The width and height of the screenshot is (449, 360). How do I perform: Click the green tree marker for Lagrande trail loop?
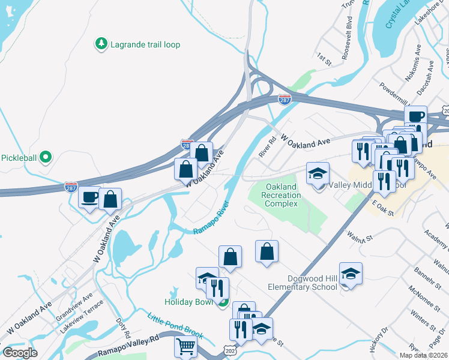(101, 44)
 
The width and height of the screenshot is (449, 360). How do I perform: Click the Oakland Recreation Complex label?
(282, 196)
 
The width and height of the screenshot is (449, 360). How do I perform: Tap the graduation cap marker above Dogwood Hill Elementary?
(351, 274)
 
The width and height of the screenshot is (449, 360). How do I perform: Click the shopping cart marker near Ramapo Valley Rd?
(186, 347)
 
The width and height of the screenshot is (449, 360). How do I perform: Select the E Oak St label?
(382, 208)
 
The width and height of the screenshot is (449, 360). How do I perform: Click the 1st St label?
(324, 58)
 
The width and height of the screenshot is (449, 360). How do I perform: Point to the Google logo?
(20, 352)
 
